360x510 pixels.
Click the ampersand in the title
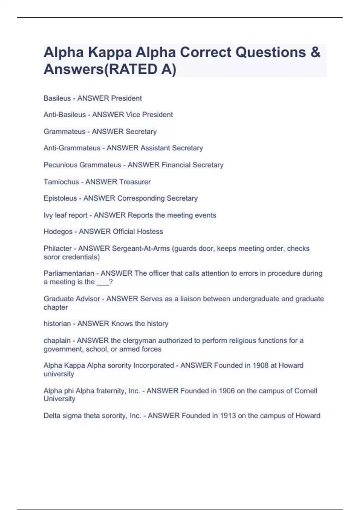(315, 52)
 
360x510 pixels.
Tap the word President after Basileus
(126, 98)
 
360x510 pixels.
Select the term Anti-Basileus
(64, 115)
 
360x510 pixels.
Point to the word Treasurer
(135, 182)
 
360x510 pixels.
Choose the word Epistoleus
(60, 198)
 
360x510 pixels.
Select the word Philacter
(58, 248)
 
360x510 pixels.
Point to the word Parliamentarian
(69, 274)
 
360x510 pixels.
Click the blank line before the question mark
(103, 283)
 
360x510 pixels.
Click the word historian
(57, 324)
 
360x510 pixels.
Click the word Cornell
(305, 391)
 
